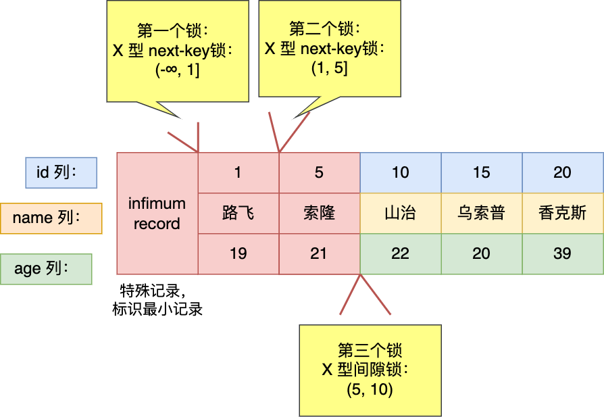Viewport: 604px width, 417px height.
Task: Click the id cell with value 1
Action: click(238, 172)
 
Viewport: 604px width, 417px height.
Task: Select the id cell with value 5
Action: click(319, 172)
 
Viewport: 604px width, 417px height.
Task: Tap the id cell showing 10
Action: click(400, 172)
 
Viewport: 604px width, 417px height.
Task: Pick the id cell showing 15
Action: click(481, 172)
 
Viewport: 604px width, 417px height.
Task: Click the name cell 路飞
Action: click(238, 213)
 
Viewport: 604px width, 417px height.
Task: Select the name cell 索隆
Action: click(319, 213)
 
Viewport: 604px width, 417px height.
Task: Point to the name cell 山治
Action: click(400, 213)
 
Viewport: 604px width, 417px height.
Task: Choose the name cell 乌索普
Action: click(481, 213)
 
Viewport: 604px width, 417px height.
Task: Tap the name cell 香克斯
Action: click(562, 213)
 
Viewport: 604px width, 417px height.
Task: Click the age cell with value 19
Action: click(238, 253)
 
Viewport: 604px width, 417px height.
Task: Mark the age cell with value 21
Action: click(319, 253)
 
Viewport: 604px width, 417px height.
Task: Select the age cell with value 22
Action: click(400, 253)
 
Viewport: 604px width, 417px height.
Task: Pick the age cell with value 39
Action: click(562, 253)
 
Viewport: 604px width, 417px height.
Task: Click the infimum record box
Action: click(157, 213)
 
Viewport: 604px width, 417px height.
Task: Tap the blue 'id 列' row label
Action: click(61, 173)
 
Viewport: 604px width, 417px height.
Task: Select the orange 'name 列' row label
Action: click(51, 218)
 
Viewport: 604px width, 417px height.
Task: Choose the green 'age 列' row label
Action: click(46, 268)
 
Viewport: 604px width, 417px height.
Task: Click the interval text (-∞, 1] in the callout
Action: click(176, 69)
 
